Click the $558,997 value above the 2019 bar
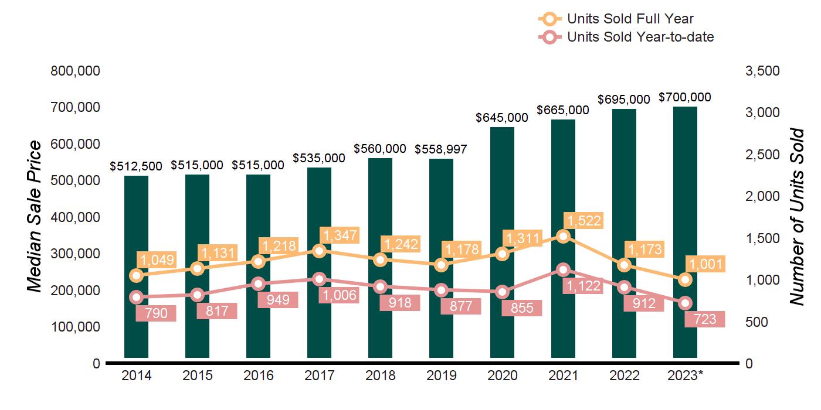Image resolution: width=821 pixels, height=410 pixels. (441, 149)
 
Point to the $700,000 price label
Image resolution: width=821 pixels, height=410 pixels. (685, 97)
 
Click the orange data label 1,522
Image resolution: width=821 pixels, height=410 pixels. (583, 221)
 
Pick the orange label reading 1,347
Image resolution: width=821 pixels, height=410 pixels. (340, 235)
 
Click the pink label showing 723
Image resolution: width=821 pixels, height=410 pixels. (705, 319)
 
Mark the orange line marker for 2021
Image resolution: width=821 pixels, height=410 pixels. (563, 236)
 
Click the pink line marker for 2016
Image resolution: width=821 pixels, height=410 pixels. (259, 283)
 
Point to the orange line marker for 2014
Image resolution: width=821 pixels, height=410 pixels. (137, 275)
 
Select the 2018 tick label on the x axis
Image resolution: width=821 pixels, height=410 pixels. (381, 375)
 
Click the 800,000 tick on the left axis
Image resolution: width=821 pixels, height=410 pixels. (76, 71)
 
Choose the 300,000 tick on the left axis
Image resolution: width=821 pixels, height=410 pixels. (76, 254)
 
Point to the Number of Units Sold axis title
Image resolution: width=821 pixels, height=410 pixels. (796, 217)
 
